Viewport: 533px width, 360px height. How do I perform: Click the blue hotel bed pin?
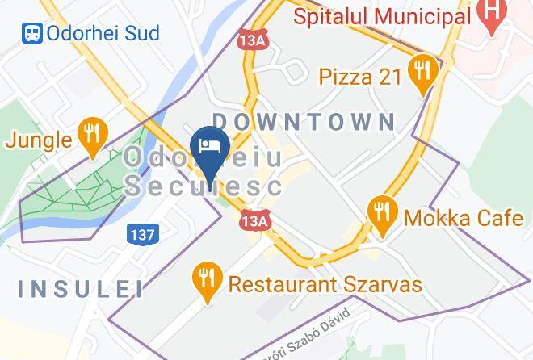211,149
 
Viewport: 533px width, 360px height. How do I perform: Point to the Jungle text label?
38,140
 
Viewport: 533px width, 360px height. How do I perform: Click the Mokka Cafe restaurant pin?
381,212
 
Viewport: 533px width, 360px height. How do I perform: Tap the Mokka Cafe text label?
455,217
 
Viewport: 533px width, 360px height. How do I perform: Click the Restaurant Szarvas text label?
325,284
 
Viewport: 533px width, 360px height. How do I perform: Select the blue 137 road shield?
142,234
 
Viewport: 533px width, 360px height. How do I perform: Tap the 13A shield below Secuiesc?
254,220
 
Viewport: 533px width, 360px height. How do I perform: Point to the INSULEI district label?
80,288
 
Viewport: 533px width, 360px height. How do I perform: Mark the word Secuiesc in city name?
204,187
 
